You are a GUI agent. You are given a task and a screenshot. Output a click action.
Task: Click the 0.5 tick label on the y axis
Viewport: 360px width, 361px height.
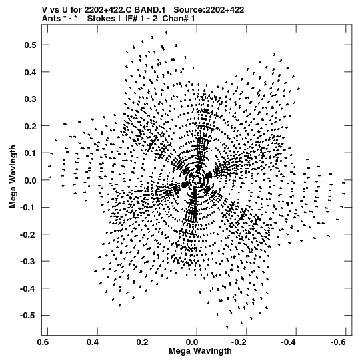pyautogui.click(x=30, y=45)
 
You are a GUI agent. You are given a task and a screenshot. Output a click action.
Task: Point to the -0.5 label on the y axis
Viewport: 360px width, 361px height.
pyautogui.click(x=28, y=315)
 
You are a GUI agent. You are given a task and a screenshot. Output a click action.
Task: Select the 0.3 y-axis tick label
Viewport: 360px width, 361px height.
pyautogui.click(x=30, y=99)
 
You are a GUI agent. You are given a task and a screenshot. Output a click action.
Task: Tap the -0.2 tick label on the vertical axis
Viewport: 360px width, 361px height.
pyautogui.click(x=28, y=234)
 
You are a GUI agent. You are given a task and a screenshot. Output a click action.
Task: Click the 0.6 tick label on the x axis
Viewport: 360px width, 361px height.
pyautogui.click(x=43, y=342)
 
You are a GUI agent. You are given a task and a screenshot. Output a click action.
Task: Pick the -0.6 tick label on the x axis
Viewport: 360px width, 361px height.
pyautogui.click(x=338, y=342)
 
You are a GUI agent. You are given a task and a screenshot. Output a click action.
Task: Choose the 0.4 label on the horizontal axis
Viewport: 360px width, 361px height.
pyautogui.click(x=93, y=342)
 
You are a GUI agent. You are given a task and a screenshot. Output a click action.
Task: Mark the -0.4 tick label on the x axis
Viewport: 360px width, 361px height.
pyautogui.click(x=288, y=342)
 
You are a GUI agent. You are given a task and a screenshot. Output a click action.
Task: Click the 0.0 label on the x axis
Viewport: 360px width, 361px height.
pyautogui.click(x=192, y=342)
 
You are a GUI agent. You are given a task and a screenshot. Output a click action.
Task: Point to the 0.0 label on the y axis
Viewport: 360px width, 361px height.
pyautogui.click(x=30, y=180)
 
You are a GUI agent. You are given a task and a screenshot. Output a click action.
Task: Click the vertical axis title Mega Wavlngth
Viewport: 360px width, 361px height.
pyautogui.click(x=13, y=177)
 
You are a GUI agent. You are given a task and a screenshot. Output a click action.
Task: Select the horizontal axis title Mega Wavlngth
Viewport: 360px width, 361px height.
pyautogui.click(x=200, y=351)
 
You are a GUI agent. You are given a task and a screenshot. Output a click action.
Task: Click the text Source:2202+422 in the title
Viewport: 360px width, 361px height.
pyautogui.click(x=209, y=10)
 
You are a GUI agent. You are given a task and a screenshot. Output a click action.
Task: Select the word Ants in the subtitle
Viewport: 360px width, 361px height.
pyautogui.click(x=51, y=19)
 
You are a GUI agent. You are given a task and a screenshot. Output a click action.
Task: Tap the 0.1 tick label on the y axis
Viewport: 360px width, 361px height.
pyautogui.click(x=30, y=153)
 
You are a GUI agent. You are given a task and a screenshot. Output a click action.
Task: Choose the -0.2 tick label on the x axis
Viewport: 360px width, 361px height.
pyautogui.click(x=239, y=342)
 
